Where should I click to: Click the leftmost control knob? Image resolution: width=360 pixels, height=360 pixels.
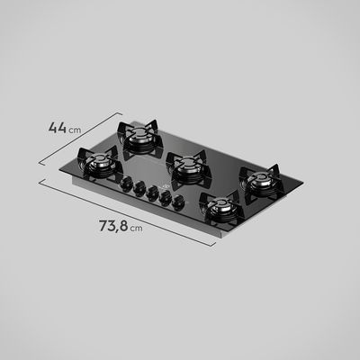(x=125, y=183)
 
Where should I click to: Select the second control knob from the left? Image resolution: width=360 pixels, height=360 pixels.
(x=139, y=187)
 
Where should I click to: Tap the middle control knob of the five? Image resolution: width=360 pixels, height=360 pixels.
(x=152, y=192)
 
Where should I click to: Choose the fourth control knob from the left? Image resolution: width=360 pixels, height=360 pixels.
(x=166, y=196)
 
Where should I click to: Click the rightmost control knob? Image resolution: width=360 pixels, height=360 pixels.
(x=181, y=202)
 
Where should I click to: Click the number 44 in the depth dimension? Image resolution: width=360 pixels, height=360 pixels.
(x=58, y=128)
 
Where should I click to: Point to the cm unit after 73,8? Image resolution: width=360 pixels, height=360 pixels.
(x=136, y=229)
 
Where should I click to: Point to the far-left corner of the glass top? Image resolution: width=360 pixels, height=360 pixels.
(x=75, y=170)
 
